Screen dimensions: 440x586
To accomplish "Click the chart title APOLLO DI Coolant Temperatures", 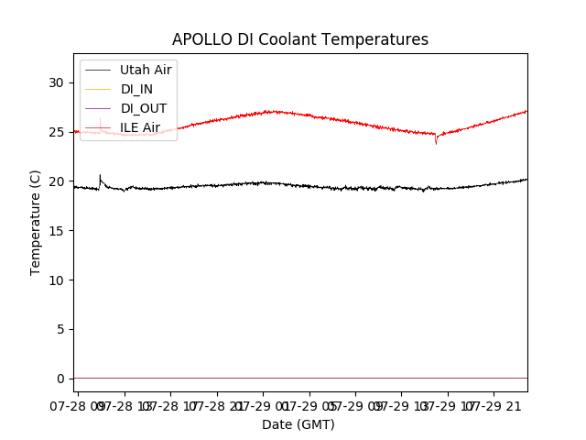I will (x=300, y=39).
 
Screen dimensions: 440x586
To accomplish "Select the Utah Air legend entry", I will (x=146, y=70).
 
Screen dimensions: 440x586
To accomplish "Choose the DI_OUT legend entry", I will (x=144, y=108).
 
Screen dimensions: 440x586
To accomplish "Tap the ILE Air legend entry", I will (x=140, y=127).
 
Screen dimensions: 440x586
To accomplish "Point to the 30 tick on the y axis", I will (x=57, y=82).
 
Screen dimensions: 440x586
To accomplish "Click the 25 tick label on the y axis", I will (x=57, y=132).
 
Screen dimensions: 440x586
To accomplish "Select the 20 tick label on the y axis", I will (x=57, y=181).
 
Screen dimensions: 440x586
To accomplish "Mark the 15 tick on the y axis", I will (x=57, y=231).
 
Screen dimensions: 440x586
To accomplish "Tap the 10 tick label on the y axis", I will (x=57, y=280).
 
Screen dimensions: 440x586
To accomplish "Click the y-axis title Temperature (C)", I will (x=36, y=222).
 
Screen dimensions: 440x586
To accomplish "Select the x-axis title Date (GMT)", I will (x=298, y=424).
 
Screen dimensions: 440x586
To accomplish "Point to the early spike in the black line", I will (x=100, y=176).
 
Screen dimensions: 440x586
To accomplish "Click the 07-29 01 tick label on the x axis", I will (x=264, y=404).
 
